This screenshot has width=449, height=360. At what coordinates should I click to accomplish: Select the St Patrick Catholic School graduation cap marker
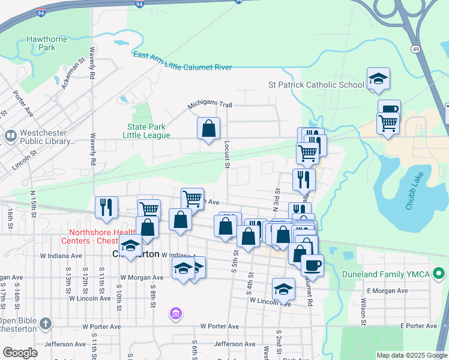click(378, 79)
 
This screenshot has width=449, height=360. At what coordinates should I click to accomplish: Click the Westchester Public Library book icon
click(10, 136)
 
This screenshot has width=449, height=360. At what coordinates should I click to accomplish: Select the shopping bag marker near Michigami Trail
click(208, 128)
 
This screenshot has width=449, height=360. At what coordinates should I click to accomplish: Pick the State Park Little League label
click(146, 131)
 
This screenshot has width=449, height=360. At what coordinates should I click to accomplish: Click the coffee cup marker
click(312, 264)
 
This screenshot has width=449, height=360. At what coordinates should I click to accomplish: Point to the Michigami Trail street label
click(209, 104)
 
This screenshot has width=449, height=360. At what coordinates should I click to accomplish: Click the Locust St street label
click(227, 155)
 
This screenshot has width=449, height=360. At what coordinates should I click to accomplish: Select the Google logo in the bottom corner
click(20, 353)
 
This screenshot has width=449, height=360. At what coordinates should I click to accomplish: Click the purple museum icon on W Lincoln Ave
click(175, 313)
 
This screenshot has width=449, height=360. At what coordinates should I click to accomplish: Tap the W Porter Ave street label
click(220, 326)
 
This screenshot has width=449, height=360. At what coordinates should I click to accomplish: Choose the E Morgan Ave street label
click(388, 290)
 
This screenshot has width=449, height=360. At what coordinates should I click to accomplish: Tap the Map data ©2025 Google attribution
click(412, 355)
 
